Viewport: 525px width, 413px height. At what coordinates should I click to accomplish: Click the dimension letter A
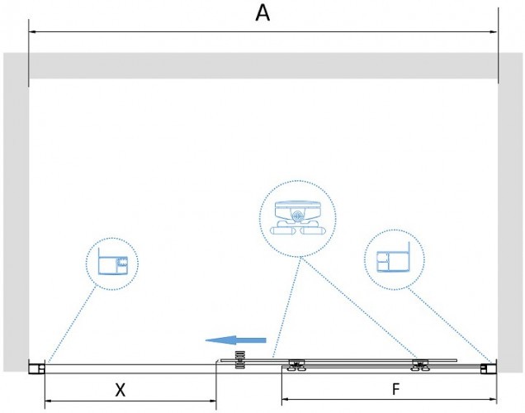point(262,14)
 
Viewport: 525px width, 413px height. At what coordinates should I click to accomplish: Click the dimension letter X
point(121,390)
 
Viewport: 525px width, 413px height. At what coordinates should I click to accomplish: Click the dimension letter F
point(395,389)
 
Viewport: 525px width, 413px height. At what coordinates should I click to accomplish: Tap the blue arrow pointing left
point(236,340)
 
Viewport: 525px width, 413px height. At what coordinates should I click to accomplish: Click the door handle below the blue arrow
point(240,360)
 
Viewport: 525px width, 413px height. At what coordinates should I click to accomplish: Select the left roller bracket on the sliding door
point(296,365)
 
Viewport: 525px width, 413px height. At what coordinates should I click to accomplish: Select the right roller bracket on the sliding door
point(420,365)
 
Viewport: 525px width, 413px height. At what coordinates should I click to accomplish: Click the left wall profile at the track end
point(36,368)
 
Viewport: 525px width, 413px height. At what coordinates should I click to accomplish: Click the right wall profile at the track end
point(488,368)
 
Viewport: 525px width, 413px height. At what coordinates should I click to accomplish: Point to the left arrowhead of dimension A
point(33,32)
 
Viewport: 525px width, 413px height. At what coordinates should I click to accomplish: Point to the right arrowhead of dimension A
point(494,32)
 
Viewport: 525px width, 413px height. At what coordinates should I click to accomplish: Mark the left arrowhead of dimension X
point(49,401)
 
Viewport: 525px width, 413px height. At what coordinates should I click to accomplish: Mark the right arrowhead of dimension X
point(212,401)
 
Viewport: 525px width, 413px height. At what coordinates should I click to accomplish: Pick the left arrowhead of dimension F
point(286,399)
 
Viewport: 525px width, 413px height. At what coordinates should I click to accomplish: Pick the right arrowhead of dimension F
point(493,399)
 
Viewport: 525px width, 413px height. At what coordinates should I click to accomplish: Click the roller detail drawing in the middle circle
point(297,218)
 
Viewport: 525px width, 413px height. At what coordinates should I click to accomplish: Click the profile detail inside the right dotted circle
point(394,257)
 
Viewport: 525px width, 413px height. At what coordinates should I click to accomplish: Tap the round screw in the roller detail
point(297,216)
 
